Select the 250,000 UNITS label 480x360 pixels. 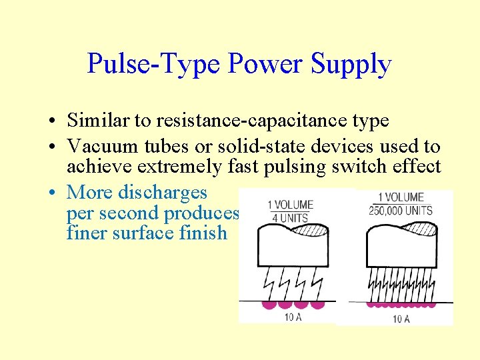[x=400, y=211]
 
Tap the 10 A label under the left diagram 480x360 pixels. [x=293, y=317]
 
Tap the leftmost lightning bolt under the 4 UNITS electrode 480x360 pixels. [x=270, y=285]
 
